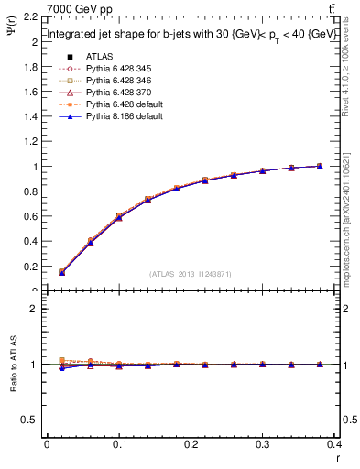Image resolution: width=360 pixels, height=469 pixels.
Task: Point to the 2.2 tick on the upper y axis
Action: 30,17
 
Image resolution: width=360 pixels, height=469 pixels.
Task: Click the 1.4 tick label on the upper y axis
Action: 30,117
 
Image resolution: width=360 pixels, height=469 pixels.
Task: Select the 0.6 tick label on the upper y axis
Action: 30,217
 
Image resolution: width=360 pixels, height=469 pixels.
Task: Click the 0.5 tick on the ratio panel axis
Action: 30,420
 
